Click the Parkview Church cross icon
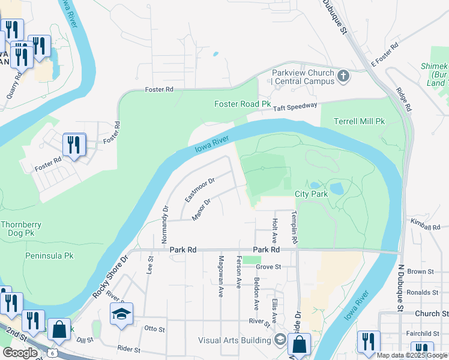click(x=343, y=76)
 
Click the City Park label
click(x=312, y=194)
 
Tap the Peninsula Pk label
click(x=49, y=256)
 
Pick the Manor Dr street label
click(x=200, y=210)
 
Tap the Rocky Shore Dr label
click(x=110, y=279)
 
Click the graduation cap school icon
click(x=121, y=314)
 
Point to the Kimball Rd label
click(x=427, y=226)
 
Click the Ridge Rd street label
click(x=403, y=100)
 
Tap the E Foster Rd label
click(x=385, y=54)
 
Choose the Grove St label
click(x=268, y=266)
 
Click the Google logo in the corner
click(x=19, y=353)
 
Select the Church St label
click(x=431, y=314)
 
